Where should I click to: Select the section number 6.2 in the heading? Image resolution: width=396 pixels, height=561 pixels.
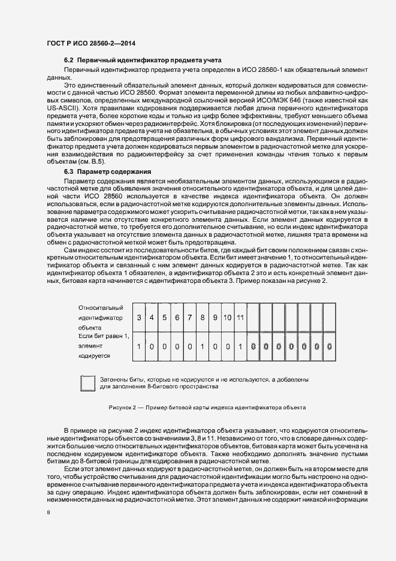[x=69, y=61]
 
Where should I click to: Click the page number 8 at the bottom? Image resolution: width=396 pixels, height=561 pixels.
[x=49, y=511]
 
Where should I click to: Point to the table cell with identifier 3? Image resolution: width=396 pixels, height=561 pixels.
[x=140, y=317]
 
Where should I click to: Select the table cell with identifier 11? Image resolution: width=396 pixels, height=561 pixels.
[x=240, y=317]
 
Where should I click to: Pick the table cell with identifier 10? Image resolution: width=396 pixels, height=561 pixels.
[x=228, y=317]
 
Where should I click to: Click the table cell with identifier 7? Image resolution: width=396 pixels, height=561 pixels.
[x=190, y=317]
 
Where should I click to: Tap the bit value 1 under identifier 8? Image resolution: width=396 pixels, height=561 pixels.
[x=202, y=346]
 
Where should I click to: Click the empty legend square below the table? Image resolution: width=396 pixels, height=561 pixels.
[x=88, y=383]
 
